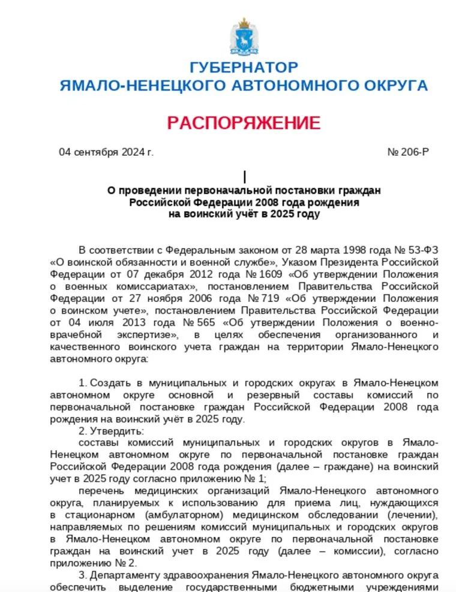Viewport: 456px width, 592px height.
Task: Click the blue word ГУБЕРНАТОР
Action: tap(244, 67)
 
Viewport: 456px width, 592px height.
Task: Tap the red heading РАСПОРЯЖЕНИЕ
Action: tap(244, 123)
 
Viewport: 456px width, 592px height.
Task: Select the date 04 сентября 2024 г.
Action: tap(106, 152)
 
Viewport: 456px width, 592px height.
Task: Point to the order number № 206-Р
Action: tap(409, 152)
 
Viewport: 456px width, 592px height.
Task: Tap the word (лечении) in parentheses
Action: tap(414, 516)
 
